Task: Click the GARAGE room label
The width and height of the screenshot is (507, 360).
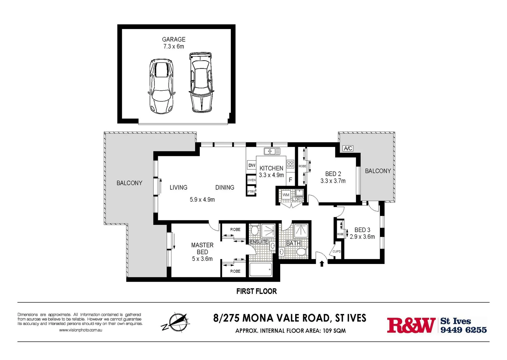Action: (173, 39)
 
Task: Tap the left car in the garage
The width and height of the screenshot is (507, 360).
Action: (161, 86)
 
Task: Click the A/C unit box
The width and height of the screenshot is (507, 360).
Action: (348, 148)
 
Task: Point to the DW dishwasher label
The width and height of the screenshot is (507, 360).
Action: (252, 165)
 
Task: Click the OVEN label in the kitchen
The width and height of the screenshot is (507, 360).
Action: (251, 180)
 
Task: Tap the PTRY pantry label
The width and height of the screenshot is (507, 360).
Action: (251, 192)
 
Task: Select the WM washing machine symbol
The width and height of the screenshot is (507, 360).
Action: (286, 195)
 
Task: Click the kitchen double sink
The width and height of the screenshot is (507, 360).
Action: (272, 151)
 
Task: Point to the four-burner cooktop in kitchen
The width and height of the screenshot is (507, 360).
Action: (290, 164)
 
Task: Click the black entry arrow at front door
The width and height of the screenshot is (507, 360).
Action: (322, 264)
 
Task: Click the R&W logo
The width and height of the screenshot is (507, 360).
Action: (411, 325)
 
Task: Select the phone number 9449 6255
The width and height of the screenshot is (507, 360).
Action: (463, 330)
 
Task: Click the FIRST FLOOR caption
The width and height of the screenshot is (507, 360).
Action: (257, 291)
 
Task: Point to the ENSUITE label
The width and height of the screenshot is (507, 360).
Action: (259, 242)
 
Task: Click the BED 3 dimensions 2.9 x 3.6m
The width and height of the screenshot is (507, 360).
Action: (362, 237)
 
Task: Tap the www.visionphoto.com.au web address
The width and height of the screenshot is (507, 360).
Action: (80, 330)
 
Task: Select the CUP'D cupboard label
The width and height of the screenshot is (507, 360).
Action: (337, 251)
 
